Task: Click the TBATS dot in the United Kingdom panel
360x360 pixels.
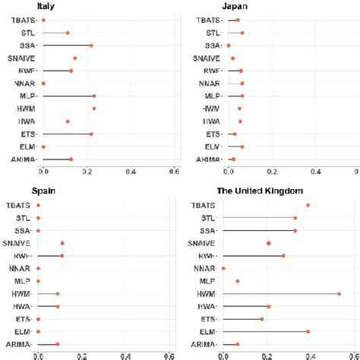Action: (308, 205)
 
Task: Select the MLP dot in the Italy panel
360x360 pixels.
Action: (94, 96)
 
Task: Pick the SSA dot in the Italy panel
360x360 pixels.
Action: (91, 46)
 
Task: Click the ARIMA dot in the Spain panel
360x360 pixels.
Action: (58, 344)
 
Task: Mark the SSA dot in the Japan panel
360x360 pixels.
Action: (229, 46)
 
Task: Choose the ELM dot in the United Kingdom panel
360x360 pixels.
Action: (308, 331)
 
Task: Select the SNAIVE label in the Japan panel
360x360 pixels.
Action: (207, 58)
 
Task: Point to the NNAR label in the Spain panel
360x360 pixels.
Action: (18, 268)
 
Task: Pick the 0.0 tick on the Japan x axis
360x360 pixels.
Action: (229, 171)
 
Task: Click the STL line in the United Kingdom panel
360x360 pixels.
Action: (258, 218)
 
